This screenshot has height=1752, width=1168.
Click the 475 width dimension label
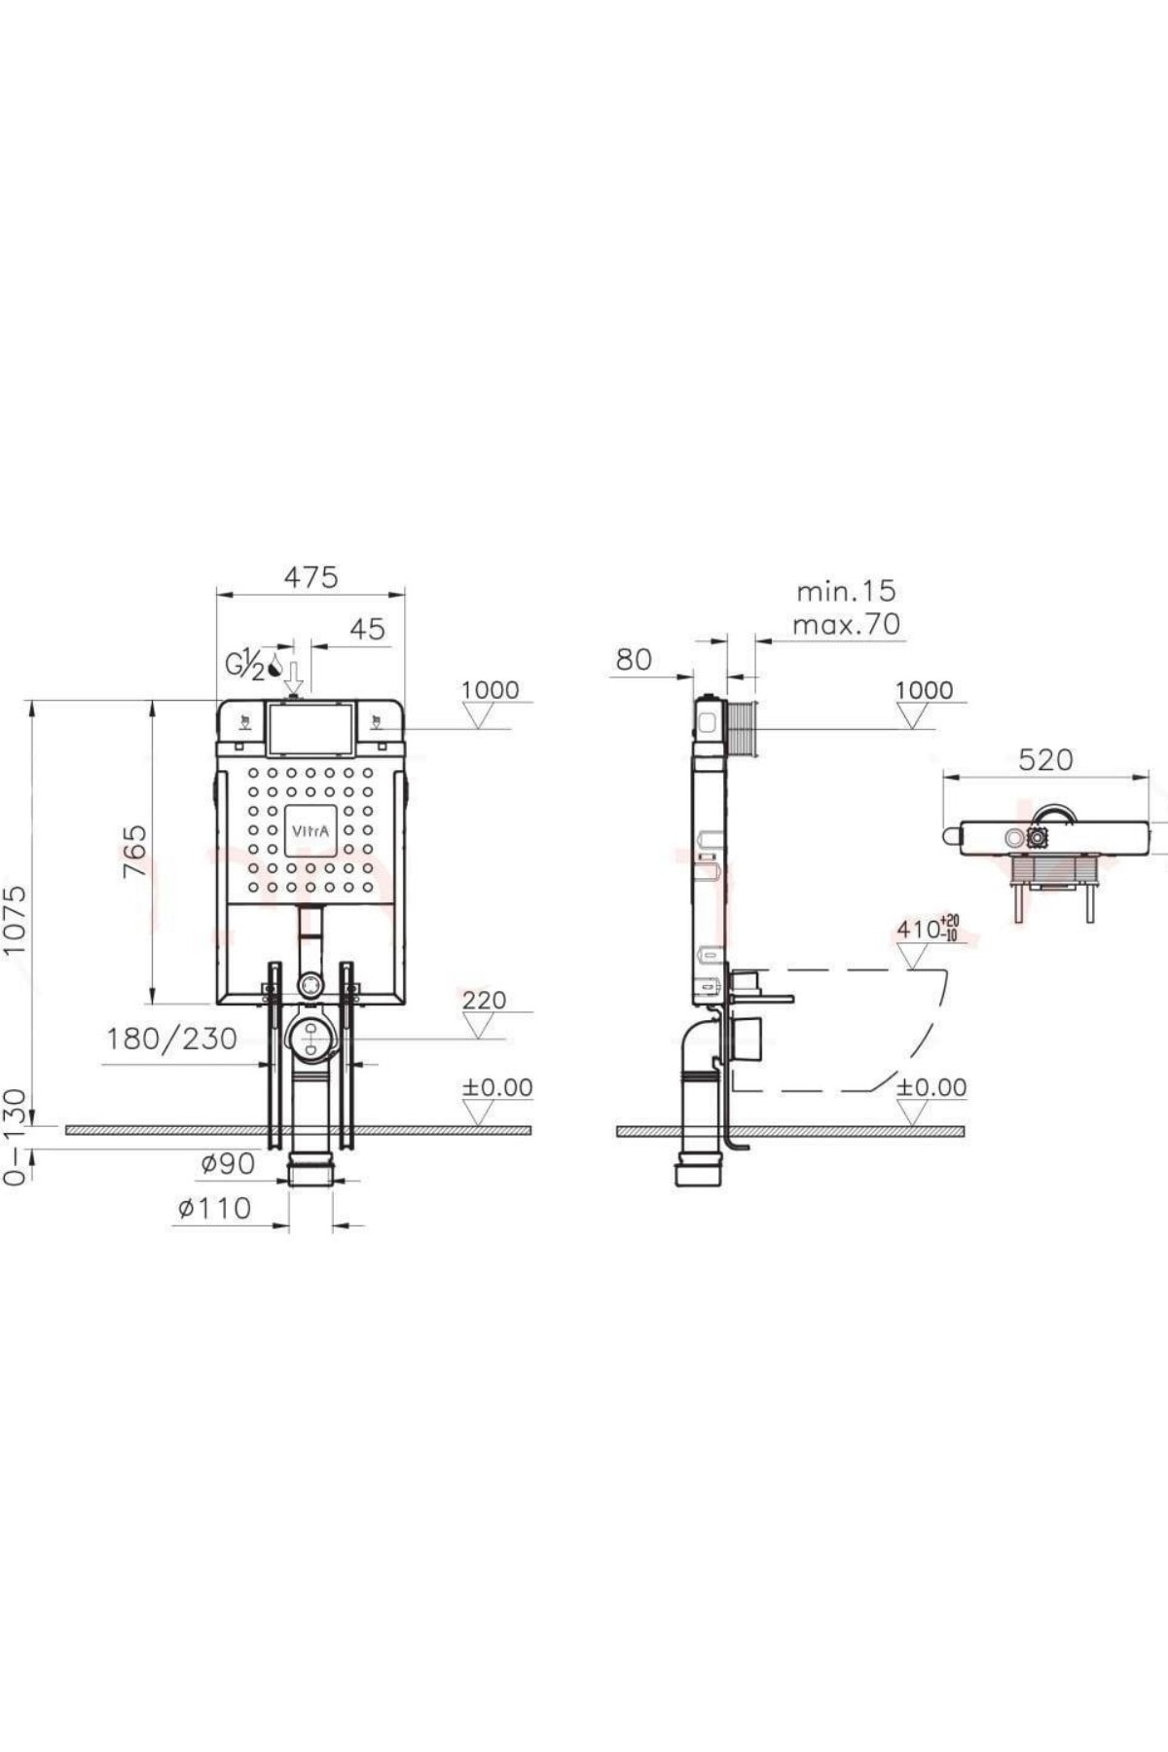(311, 577)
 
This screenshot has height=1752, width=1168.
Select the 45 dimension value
(367, 629)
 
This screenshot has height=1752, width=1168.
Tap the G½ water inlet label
(245, 667)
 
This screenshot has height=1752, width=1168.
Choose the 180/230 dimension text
(171, 1039)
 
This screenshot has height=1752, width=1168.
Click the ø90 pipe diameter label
(228, 1163)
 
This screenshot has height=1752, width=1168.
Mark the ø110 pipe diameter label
(214, 1208)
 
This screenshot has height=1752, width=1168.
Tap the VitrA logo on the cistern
(311, 831)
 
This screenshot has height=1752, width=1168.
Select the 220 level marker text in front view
(485, 1000)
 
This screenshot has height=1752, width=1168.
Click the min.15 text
(846, 591)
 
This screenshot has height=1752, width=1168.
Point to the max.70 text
(846, 624)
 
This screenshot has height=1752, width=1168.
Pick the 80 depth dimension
(634, 659)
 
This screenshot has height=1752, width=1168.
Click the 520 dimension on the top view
(1046, 759)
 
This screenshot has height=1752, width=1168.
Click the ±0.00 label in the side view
(931, 1087)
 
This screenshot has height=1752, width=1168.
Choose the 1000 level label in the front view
(490, 689)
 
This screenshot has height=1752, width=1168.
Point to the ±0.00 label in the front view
(497, 1087)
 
